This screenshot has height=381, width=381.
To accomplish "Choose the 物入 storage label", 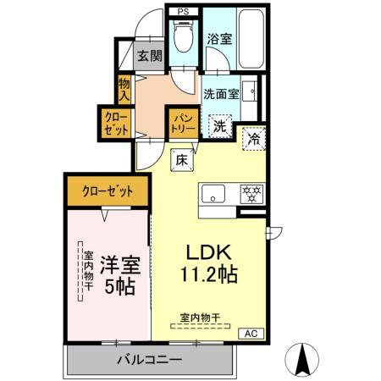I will pos(124,89).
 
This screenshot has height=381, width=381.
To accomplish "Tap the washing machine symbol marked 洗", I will pos(219,127).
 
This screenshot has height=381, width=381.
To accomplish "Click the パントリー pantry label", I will pos(183,123).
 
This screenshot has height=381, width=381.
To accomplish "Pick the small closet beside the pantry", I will pos(117,123).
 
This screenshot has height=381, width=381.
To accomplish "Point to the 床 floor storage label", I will pos(182,157).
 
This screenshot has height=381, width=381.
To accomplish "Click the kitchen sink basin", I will pos(213,190).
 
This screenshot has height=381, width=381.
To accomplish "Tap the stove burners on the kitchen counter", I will pos(251,190).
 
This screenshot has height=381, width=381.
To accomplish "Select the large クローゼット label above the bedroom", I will pos(108,191).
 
